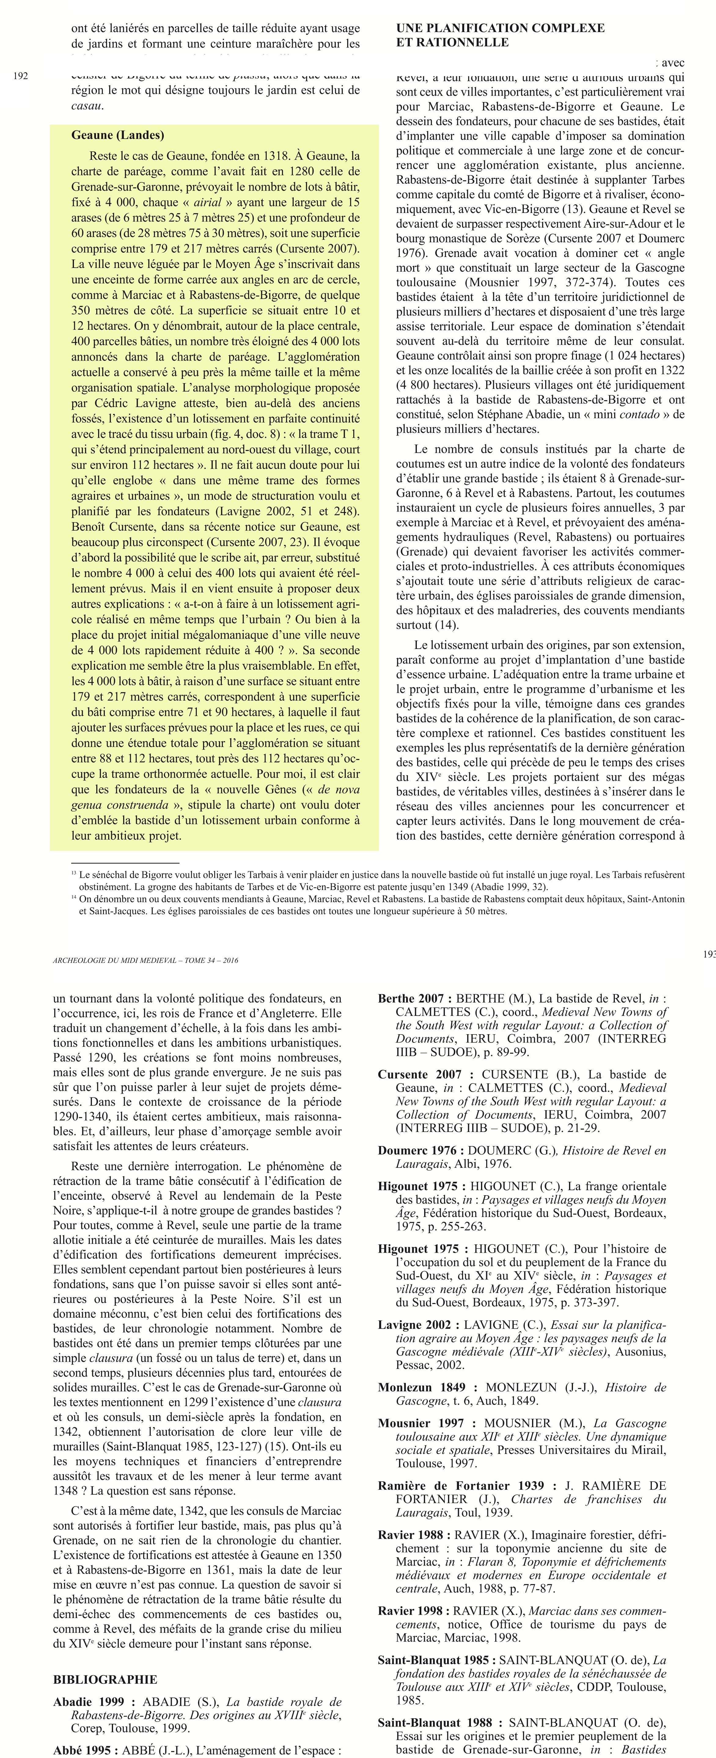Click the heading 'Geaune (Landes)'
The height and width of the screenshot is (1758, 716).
pyautogui.click(x=117, y=135)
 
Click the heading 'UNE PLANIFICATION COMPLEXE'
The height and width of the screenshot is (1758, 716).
pyautogui.click(x=500, y=28)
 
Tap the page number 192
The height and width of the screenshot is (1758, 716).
pyautogui.click(x=20, y=76)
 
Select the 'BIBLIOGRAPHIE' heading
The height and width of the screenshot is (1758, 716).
pyautogui.click(x=105, y=1679)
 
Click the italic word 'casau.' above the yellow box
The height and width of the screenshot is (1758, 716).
pyautogui.click(x=87, y=106)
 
